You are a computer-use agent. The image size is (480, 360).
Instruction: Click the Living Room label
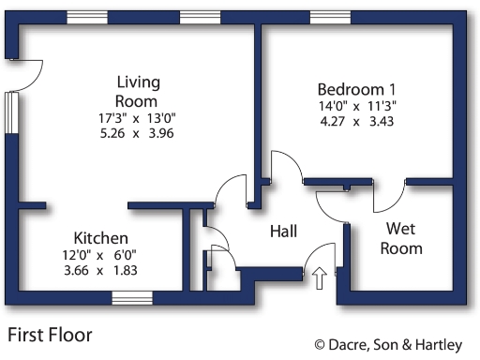136,91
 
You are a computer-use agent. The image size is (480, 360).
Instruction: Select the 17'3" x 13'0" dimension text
136,117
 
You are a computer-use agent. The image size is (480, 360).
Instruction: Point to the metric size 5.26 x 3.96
136,133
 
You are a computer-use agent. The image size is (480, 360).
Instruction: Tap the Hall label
285,231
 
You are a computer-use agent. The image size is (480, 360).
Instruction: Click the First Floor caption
50,333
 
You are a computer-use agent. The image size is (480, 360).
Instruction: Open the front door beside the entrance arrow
322,255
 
